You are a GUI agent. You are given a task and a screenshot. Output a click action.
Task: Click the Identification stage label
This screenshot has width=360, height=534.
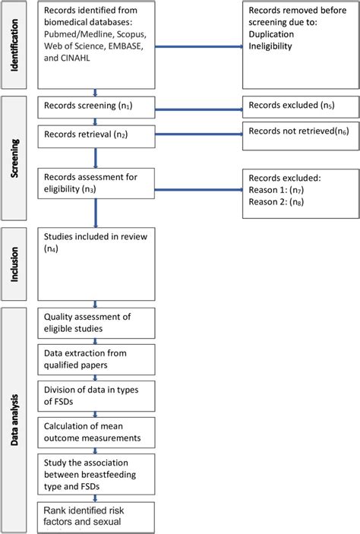click(15, 45)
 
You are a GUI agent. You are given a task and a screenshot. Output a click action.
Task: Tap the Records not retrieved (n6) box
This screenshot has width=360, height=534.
click(299, 132)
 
